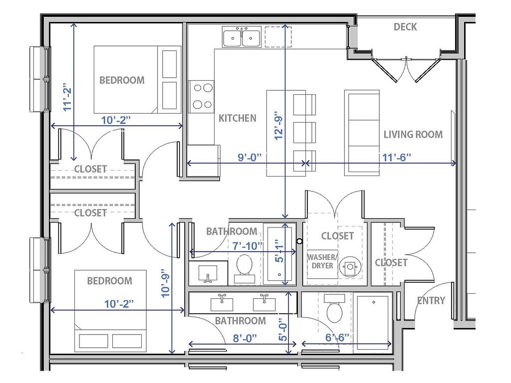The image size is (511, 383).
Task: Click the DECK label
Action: point(405,27)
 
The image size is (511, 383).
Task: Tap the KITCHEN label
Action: point(237,118)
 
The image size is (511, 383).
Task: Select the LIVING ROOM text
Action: point(413,134)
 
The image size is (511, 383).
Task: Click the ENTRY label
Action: point(431,300)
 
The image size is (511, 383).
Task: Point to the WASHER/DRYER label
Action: point(322,261)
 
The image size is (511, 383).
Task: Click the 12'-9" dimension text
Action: point(279,125)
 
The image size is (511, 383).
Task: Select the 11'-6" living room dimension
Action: point(396,157)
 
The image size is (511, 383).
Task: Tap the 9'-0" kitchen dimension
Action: point(250,157)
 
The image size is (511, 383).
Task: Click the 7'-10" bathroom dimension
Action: point(248,246)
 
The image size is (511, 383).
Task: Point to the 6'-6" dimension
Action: point(337,338)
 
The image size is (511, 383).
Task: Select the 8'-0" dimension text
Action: point(245,338)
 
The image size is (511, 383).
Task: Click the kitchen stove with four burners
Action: point(202,96)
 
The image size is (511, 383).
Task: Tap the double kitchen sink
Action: point(242,37)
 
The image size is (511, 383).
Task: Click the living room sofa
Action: point(362,133)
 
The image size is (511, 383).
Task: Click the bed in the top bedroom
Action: point(137,79)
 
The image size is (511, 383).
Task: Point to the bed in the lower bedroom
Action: point(110,311)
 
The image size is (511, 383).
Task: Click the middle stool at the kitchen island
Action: point(305,132)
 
